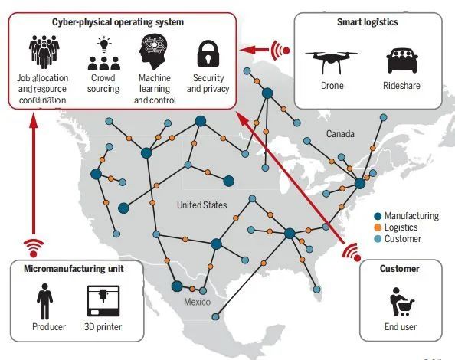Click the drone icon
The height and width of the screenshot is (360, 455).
[332, 62]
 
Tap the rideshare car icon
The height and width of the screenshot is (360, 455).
[402, 61]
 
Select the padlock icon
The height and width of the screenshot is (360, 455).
[208, 54]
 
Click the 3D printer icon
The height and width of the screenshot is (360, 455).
[103, 301]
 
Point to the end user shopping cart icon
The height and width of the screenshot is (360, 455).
[401, 303]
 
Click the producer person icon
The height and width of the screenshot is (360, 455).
[44, 301]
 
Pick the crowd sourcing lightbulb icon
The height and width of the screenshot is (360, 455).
[103, 54]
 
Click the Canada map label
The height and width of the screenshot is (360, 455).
[340, 134]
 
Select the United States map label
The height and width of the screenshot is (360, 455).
[202, 205]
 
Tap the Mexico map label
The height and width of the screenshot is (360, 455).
[198, 302]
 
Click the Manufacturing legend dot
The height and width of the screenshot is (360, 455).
[378, 216]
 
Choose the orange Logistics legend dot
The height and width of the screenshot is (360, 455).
[378, 227]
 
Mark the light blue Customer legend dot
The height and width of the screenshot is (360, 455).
[378, 239]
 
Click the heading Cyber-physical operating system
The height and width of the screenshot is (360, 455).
[118, 22]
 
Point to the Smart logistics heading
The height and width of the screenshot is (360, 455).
[368, 22]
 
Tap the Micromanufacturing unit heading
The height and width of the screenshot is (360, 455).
[74, 269]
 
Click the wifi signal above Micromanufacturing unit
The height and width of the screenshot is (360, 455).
[34, 249]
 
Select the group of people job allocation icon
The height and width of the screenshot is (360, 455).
[44, 52]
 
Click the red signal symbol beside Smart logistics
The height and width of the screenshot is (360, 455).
[280, 51]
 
